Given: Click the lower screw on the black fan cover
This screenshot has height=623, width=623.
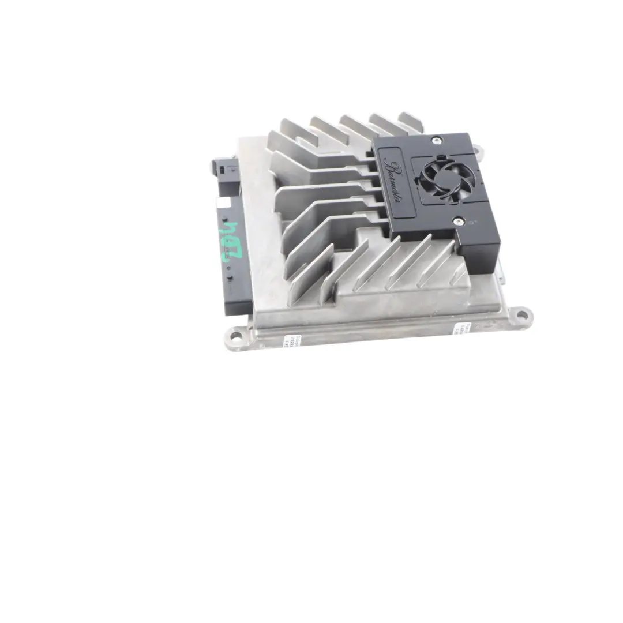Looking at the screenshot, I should tap(458, 220).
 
